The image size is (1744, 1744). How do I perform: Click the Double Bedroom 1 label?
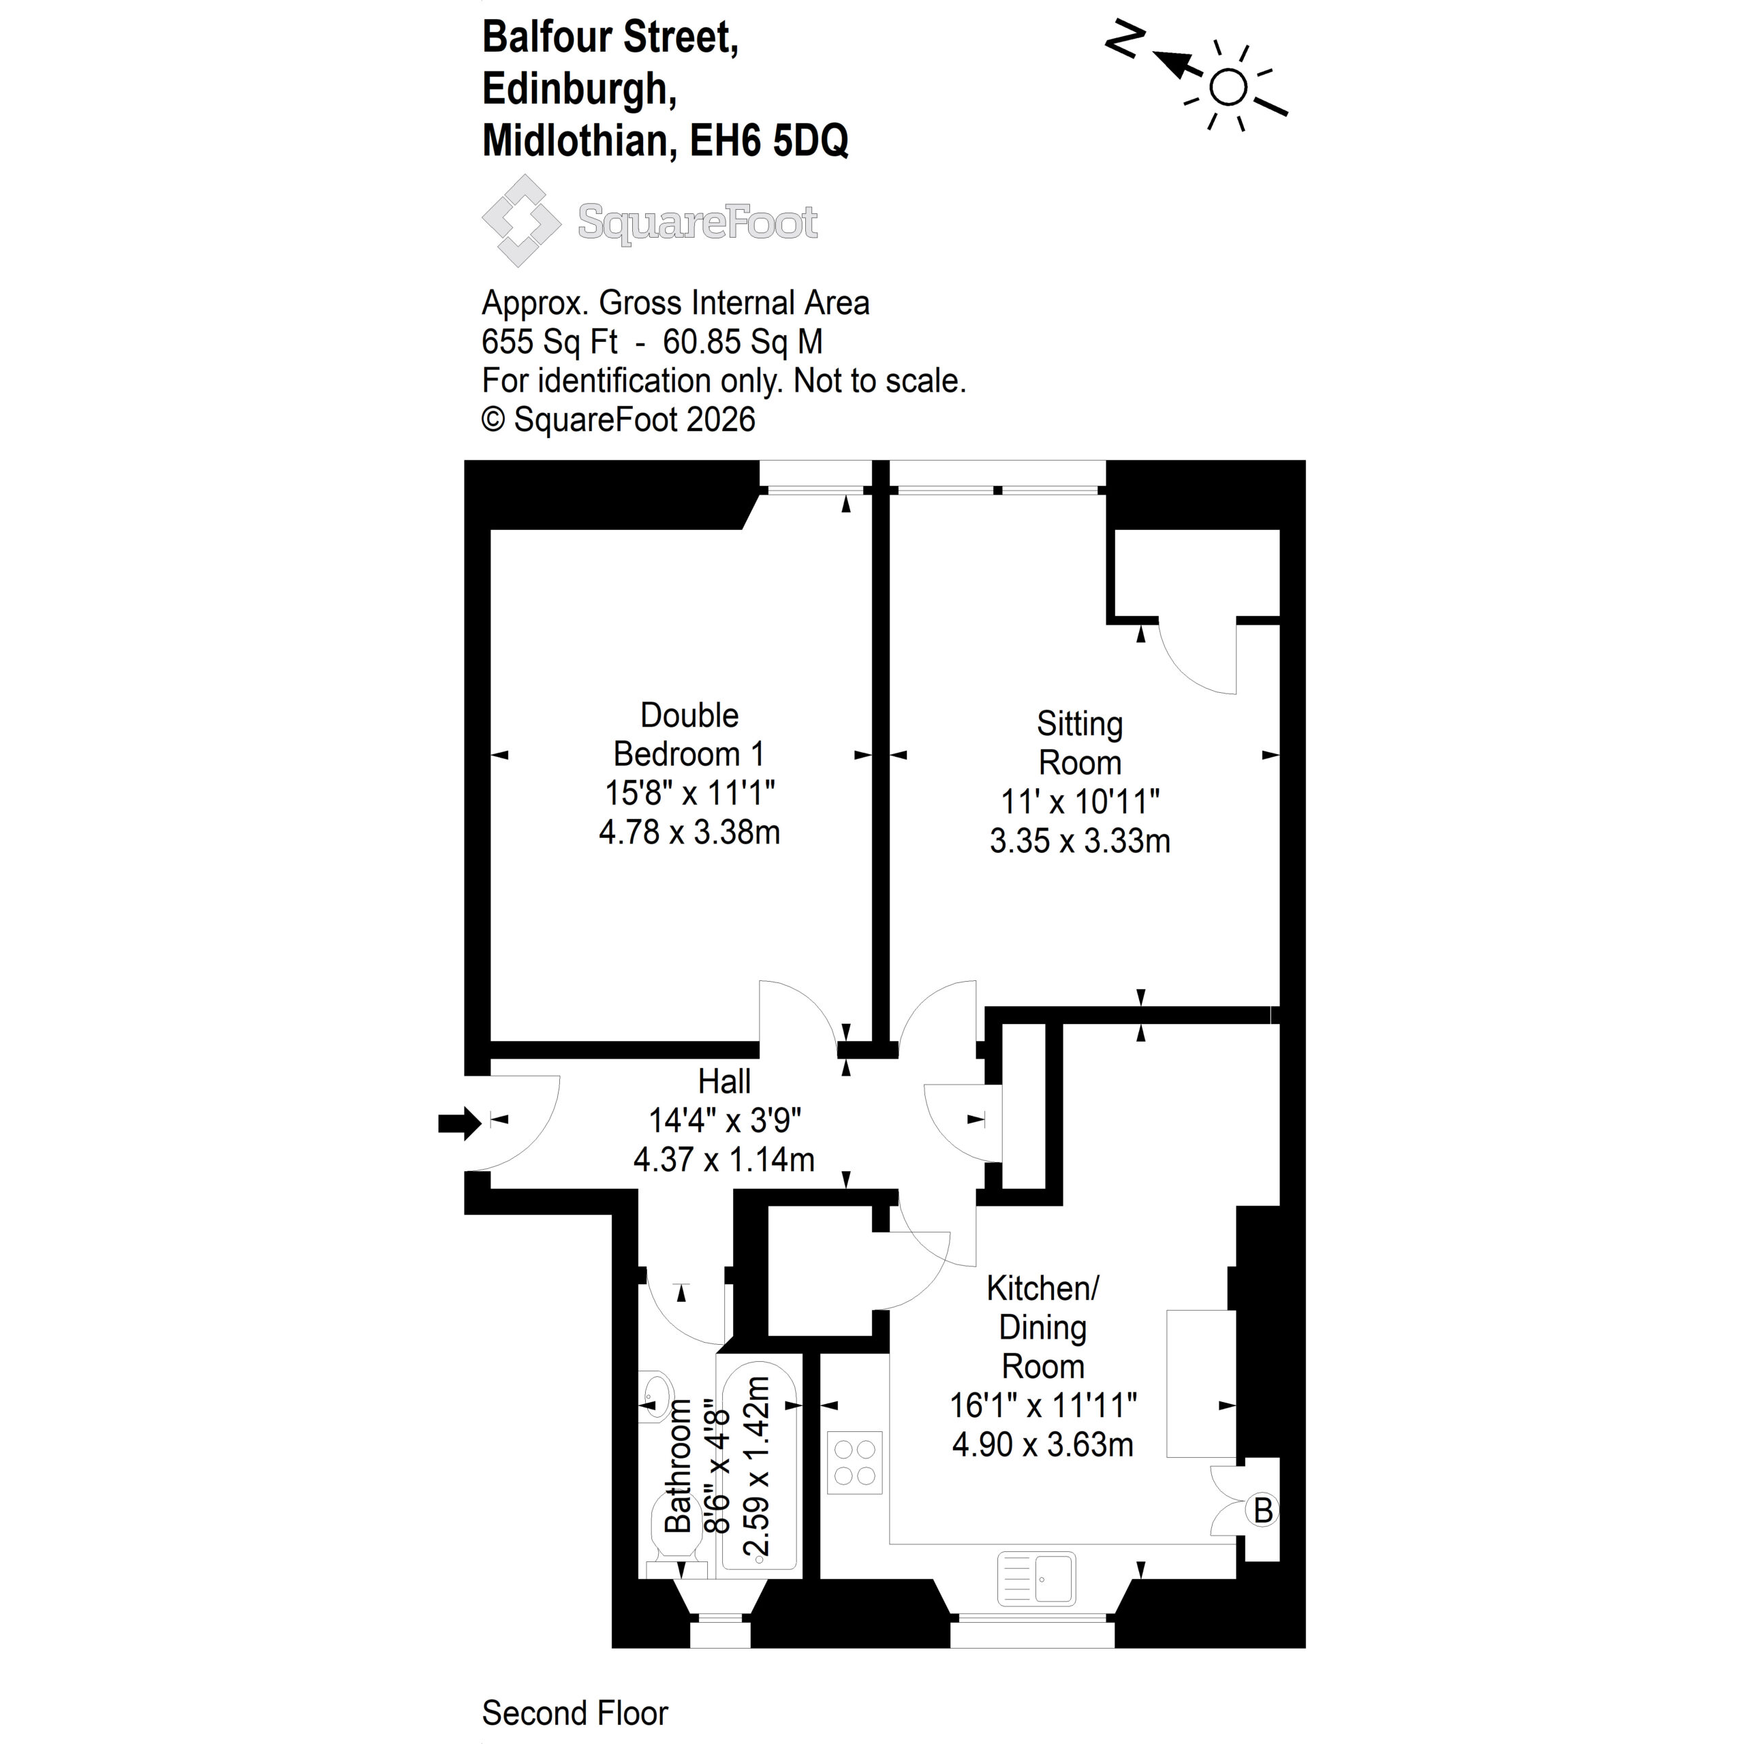pos(689,734)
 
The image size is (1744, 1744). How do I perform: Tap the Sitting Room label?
pos(1080,743)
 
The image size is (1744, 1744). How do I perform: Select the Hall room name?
pos(724,1081)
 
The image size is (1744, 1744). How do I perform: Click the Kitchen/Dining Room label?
pos(1042,1327)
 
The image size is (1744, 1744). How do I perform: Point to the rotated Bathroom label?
pos(678,1466)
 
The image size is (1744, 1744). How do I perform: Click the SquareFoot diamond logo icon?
pos(522,220)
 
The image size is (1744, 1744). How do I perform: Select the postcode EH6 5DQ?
pos(769,141)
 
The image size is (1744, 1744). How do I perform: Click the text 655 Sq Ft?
pos(550,342)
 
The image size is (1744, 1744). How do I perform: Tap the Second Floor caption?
pos(575,1713)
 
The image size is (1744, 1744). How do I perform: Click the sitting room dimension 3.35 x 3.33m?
pos(1080,841)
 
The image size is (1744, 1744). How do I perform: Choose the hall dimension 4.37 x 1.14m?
pos(724,1159)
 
